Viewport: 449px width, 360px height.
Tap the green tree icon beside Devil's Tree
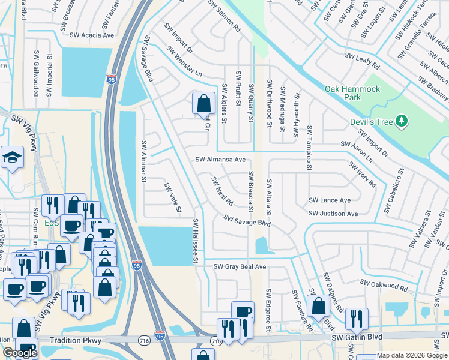[x=402, y=122]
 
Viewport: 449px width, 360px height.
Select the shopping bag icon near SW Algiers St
[x=203, y=103]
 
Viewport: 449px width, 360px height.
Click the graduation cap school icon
[x=11, y=158]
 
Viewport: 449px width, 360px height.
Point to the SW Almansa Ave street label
[x=220, y=160]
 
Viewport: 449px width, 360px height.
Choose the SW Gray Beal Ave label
[x=240, y=266]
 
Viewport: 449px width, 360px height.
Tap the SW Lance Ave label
[x=330, y=200]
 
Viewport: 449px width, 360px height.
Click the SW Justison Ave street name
[x=333, y=214]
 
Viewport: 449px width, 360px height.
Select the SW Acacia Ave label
[x=92, y=35]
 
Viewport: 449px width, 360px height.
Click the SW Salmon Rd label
[x=224, y=16]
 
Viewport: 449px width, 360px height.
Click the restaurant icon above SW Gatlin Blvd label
[x=357, y=319]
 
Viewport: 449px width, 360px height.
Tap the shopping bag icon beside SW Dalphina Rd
[x=318, y=306]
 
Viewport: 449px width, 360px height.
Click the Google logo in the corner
[x=20, y=353]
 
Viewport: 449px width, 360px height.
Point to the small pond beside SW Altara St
[x=261, y=246]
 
